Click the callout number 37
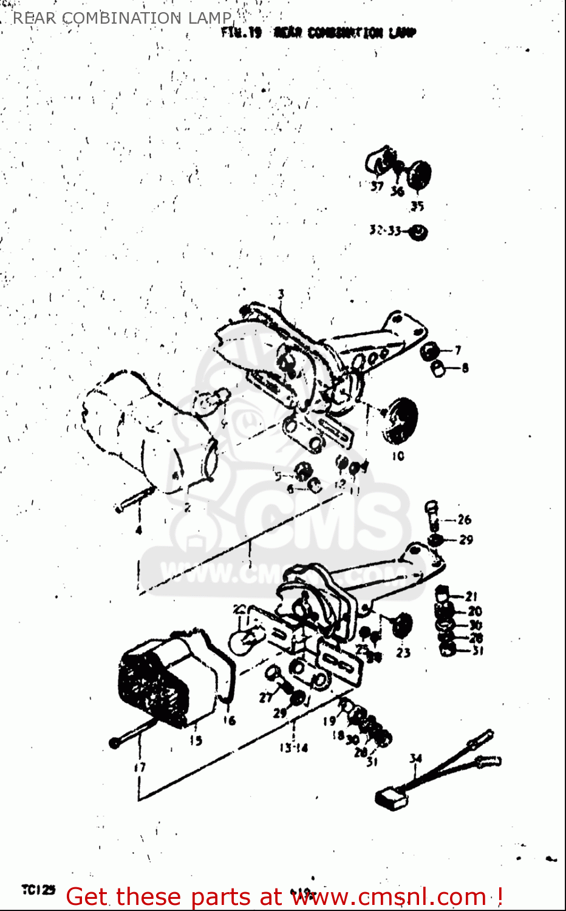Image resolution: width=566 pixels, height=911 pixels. [x=377, y=186]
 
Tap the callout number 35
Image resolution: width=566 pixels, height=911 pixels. [x=417, y=206]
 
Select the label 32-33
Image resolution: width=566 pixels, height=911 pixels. [x=385, y=230]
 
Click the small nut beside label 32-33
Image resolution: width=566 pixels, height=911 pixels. [x=418, y=232]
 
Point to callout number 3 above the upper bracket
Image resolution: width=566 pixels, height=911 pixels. [x=281, y=295]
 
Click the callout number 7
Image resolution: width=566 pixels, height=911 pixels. [x=458, y=350]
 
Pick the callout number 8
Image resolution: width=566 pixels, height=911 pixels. [x=465, y=367]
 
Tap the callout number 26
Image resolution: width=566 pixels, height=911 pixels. [x=464, y=519]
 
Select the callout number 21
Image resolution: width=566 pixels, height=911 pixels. [x=471, y=597]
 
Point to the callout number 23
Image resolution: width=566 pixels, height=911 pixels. [x=403, y=653]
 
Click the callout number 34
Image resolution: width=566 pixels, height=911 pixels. [x=415, y=759]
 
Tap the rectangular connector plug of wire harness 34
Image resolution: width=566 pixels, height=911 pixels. [x=390, y=799]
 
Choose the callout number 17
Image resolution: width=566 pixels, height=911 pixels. [x=140, y=767]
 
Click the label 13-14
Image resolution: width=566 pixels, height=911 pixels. [x=294, y=748]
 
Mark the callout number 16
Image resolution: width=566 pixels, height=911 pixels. [x=229, y=720]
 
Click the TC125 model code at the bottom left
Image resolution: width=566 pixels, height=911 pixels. [x=38, y=890]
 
